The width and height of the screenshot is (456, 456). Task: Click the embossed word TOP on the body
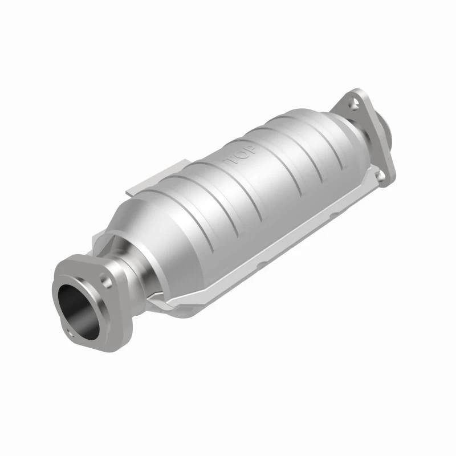[239, 154]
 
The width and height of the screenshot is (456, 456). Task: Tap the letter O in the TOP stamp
[241, 154]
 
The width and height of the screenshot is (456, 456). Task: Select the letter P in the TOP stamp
[250, 149]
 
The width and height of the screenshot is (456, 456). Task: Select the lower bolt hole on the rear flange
[381, 174]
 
